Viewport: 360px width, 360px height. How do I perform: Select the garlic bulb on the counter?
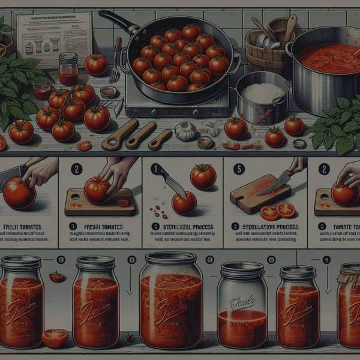185,131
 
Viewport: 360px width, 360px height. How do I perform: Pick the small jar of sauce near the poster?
68,69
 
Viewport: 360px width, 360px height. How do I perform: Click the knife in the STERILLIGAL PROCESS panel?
169,181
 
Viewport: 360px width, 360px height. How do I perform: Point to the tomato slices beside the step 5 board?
278,211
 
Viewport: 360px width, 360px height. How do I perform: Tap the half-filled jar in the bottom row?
242,306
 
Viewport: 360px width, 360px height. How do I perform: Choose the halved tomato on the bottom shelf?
55,338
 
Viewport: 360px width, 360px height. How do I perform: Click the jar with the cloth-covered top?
349,306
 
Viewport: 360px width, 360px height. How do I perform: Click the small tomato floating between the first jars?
57,277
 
